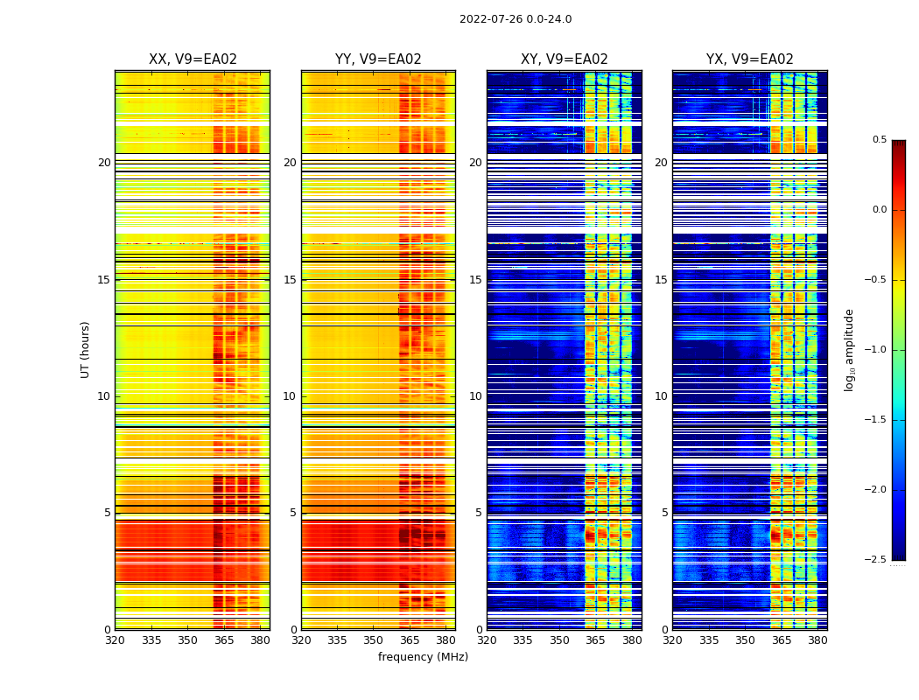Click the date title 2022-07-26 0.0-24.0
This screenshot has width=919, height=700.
516,19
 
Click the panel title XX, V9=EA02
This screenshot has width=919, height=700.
193,59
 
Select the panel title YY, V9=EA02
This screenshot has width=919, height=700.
378,59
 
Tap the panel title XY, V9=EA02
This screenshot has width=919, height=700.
565,59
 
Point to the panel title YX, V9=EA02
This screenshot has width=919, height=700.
750,59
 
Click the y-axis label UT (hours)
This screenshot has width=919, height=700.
86,349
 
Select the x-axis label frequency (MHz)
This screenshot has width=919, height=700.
423,657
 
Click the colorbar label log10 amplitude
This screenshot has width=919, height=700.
849,349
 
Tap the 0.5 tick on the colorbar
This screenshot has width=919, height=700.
879,140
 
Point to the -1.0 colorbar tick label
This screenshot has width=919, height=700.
876,350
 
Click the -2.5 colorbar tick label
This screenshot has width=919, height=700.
876,560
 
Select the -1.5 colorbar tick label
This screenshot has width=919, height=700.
876,420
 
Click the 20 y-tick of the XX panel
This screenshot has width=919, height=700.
104,163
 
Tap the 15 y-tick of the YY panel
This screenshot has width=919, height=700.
290,280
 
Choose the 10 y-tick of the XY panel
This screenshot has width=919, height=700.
475,396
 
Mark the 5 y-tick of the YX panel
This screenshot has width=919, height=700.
664,513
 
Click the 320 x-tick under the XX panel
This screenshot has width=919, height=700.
115,640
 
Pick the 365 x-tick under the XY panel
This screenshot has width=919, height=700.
595,640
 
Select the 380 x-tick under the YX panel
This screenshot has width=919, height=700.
817,640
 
